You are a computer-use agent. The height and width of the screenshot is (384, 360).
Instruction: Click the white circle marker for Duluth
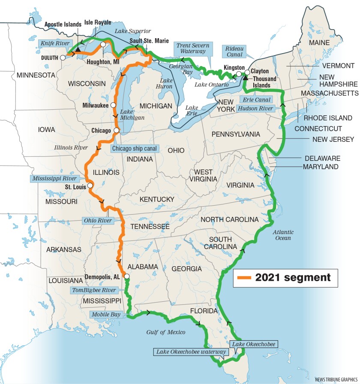pos(63,57)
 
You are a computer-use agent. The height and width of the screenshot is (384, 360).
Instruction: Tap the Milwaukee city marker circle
pos(113,105)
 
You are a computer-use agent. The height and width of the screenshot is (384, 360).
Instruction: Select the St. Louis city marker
pos(90,186)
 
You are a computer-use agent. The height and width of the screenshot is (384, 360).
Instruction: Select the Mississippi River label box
pos(54,178)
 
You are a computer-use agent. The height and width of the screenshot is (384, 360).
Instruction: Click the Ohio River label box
pos(98,221)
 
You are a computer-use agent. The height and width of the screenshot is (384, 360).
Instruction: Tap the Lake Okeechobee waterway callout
pos(191,352)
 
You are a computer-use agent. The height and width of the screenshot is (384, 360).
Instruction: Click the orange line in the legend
pos(243,278)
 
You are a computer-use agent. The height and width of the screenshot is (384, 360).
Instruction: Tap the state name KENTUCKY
pos(157,199)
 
